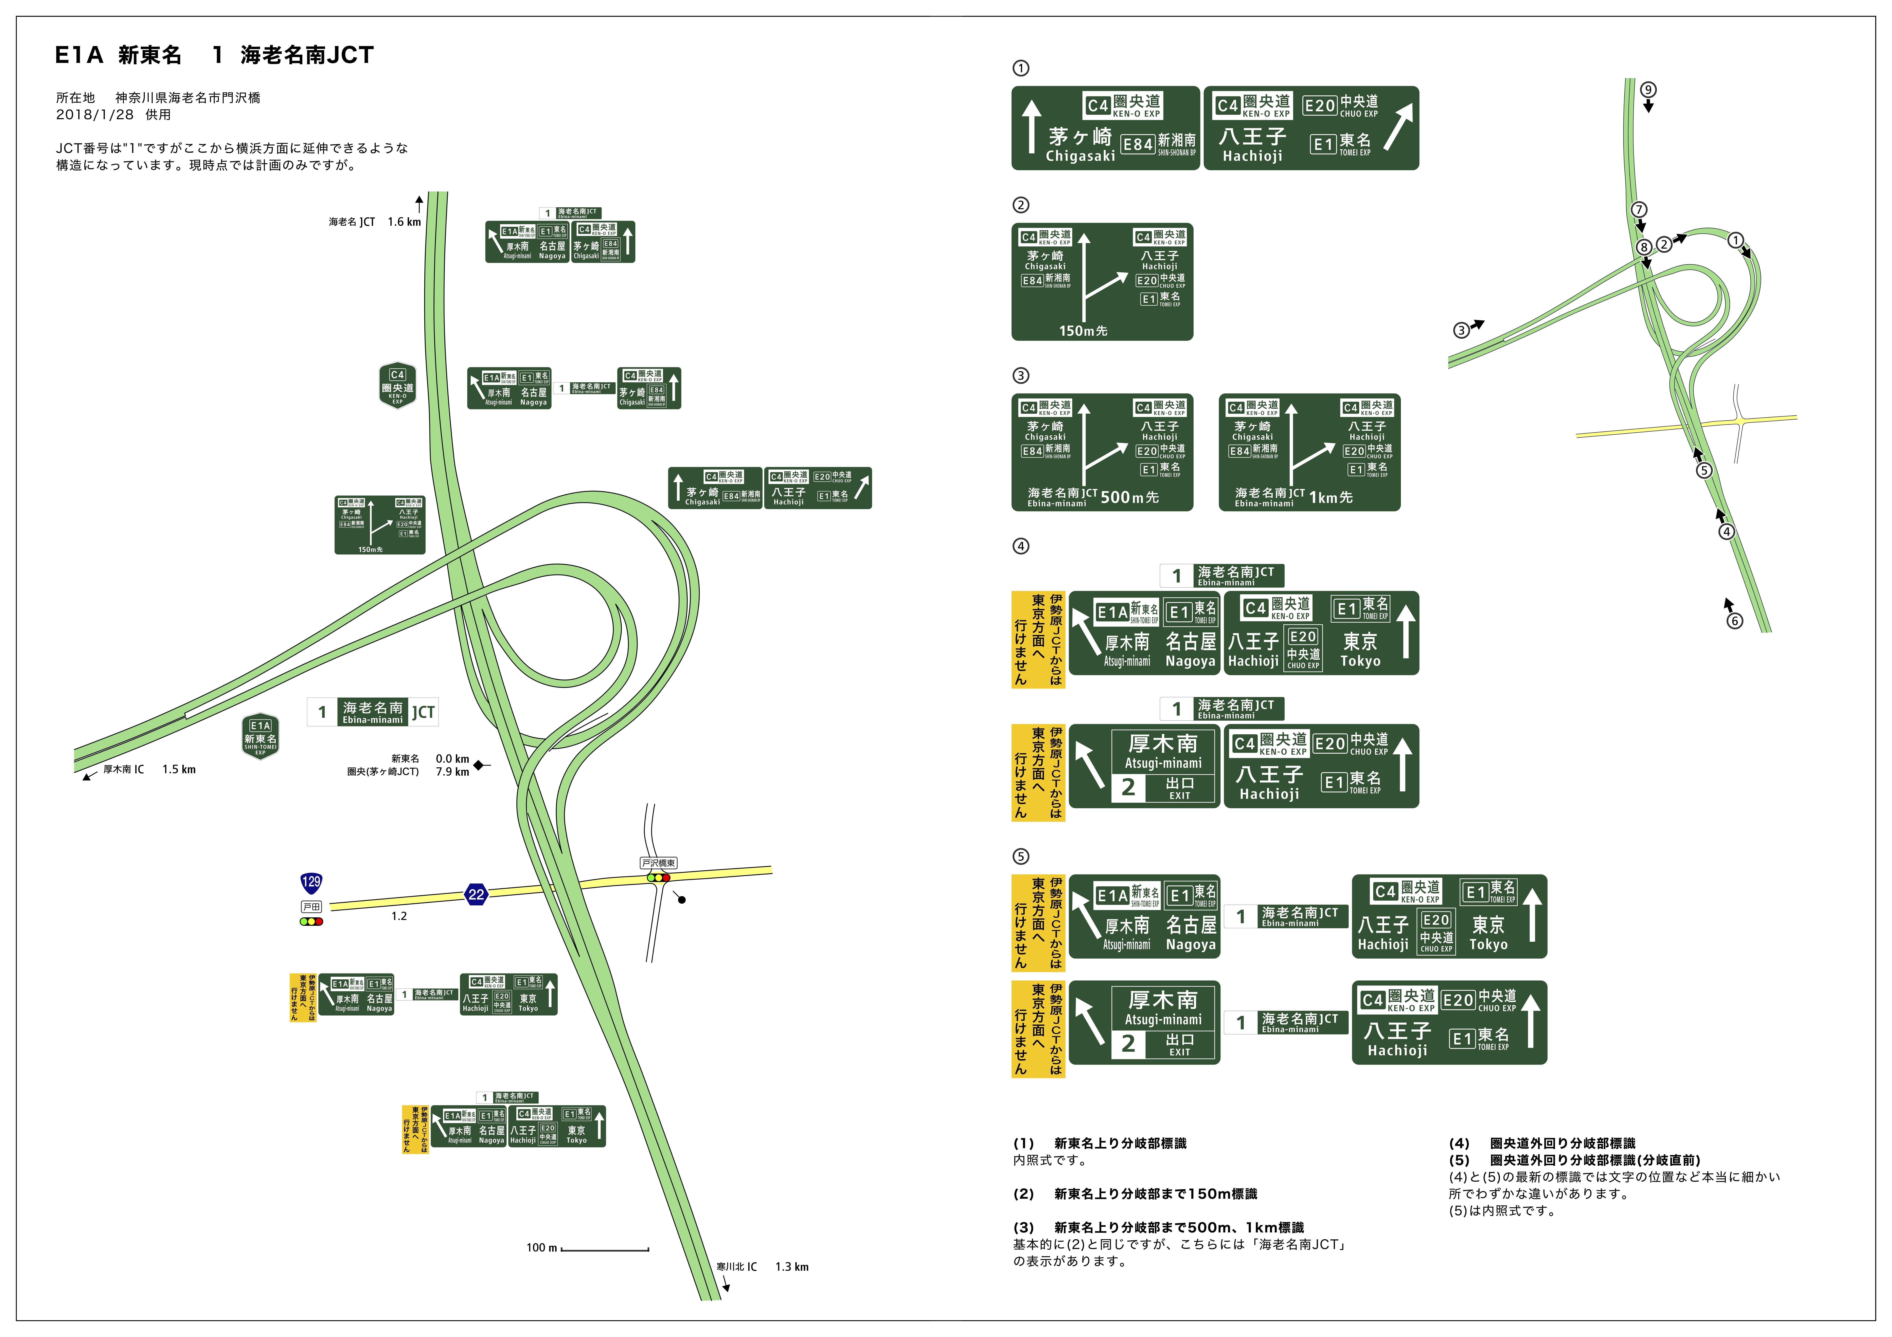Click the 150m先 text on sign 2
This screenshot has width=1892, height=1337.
pyautogui.click(x=1083, y=330)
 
